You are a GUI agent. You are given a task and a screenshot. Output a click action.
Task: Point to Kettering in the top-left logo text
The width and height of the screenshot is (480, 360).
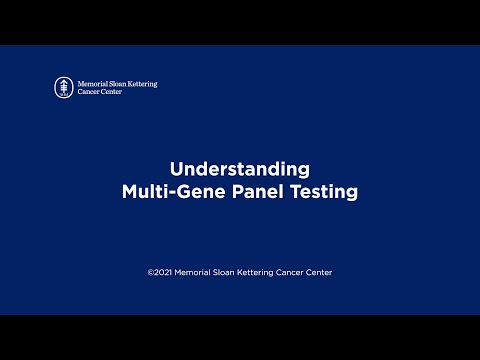(x=146, y=83)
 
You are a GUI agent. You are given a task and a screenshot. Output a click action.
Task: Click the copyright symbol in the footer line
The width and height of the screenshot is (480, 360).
(x=151, y=272)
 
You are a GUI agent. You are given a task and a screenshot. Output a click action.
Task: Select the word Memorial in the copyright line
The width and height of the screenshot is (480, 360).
(x=197, y=272)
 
